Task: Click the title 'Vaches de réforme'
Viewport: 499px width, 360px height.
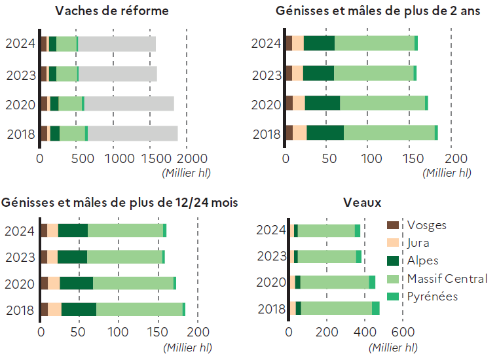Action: click(112, 11)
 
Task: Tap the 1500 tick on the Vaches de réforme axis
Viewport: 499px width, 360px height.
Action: click(150, 158)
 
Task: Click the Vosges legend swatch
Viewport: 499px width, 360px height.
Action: click(393, 225)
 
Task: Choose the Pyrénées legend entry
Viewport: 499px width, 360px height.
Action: click(432, 297)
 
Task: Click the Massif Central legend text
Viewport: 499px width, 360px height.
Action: click(447, 279)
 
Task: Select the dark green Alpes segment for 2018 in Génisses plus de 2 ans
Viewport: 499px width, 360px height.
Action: click(325, 133)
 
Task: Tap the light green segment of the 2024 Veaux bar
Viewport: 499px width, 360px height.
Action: click(326, 230)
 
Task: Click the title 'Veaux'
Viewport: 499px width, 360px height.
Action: click(363, 202)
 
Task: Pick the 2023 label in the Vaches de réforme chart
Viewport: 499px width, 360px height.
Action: click(20, 75)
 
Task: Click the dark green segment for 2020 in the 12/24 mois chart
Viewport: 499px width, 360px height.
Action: click(76, 283)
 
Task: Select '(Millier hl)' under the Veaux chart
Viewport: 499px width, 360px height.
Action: click(394, 347)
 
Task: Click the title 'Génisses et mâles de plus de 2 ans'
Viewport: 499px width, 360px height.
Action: click(379, 11)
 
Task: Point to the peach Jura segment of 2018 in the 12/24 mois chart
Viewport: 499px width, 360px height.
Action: click(55, 310)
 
